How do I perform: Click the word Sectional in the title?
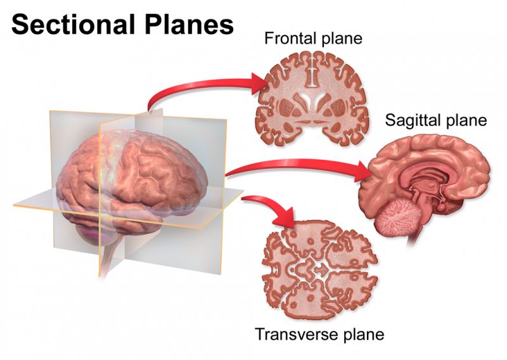click(x=73, y=25)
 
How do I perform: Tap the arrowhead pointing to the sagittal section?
click(x=363, y=171)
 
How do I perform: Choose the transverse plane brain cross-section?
click(x=319, y=270)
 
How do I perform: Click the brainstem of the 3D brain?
click(x=110, y=255)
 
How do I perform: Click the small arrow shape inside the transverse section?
click(x=321, y=269)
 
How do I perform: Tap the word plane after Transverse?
click(x=365, y=335)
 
